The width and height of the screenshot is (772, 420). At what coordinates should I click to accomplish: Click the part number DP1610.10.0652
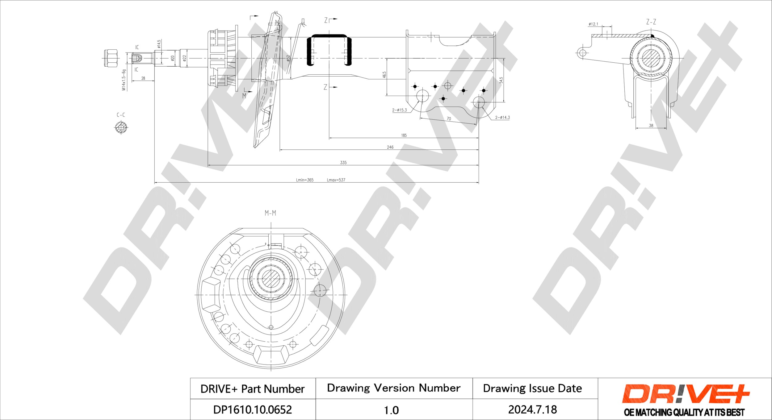point(252,410)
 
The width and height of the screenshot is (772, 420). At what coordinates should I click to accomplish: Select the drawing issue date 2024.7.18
point(533,410)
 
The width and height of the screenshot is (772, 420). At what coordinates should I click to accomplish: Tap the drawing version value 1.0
point(391,410)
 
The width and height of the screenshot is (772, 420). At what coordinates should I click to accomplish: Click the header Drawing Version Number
point(394,388)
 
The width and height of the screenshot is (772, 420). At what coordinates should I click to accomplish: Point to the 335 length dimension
point(343,163)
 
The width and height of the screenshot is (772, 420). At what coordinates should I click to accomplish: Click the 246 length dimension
point(390,147)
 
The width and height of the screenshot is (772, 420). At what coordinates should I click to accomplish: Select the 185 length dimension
point(404,135)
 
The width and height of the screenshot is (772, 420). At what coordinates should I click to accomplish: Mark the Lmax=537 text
point(336,180)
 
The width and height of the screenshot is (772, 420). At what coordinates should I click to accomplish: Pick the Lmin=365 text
point(304,180)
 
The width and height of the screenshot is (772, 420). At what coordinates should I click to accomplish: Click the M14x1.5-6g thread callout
point(124,80)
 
